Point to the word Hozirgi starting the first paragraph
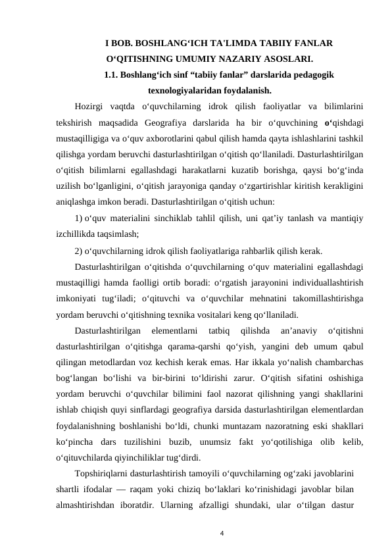pos(90,107)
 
